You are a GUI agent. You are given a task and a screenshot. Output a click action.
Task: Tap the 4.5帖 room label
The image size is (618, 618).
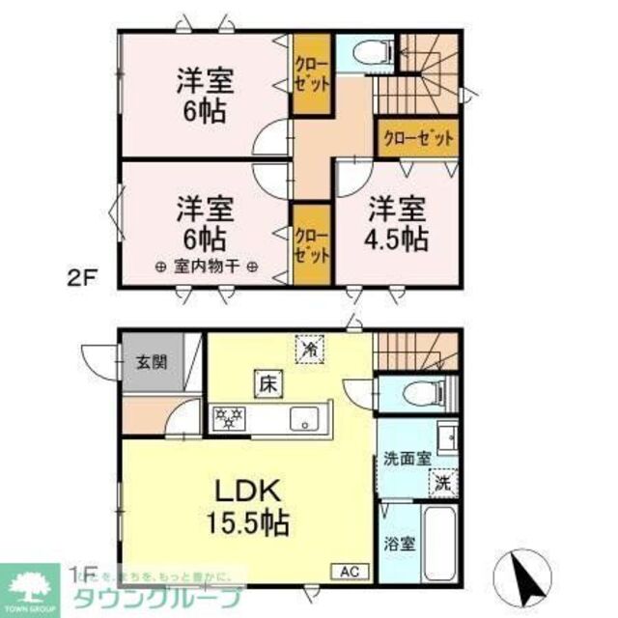[395, 224]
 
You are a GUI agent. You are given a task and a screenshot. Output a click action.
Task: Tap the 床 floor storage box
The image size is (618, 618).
[267, 382]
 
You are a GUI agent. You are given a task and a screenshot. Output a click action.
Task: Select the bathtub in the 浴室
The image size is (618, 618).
[441, 541]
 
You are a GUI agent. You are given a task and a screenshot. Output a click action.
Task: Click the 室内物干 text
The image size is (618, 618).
[204, 267]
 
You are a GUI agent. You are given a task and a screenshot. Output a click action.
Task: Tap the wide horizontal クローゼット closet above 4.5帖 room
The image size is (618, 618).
[418, 138]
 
